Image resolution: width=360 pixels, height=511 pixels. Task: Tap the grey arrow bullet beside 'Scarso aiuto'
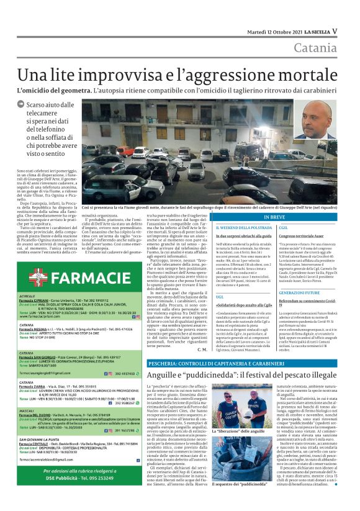pos(21,107)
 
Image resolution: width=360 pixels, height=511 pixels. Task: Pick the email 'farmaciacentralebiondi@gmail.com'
pos(50,477)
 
